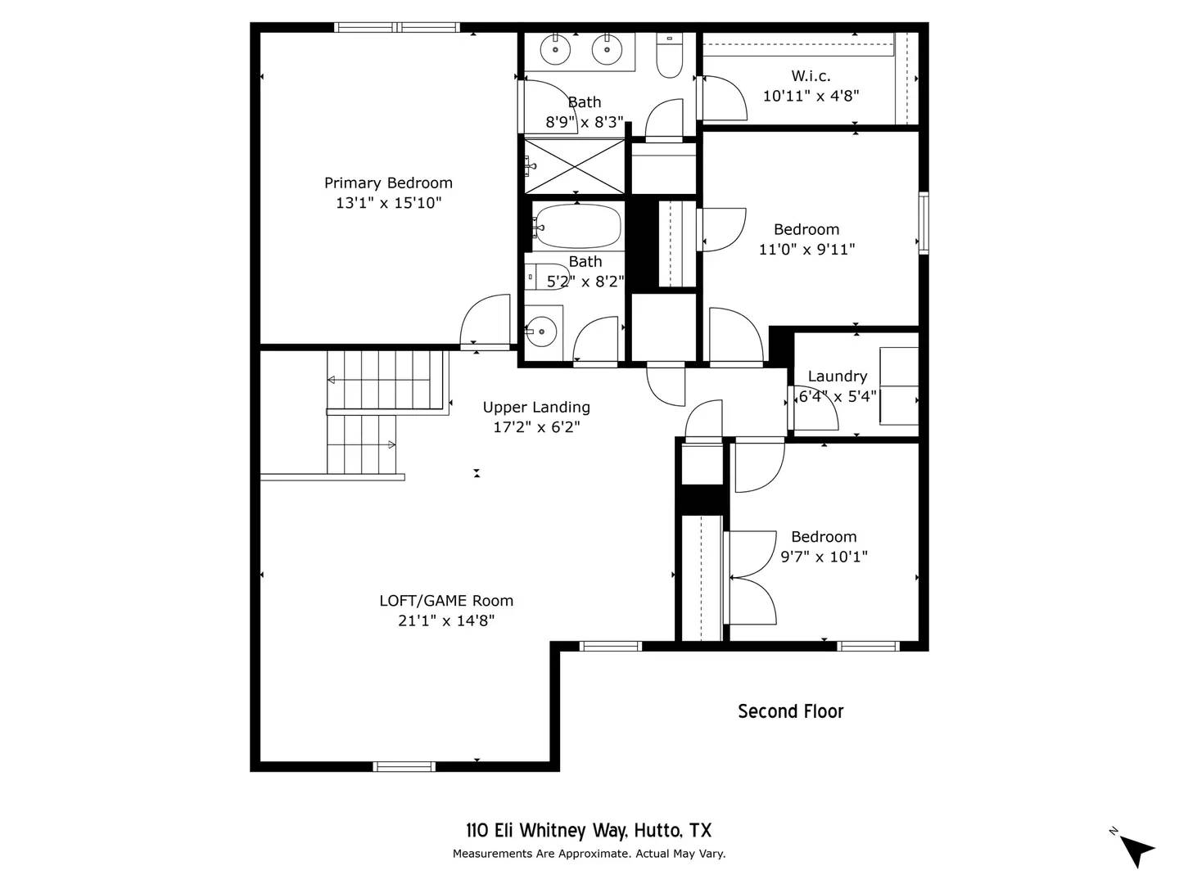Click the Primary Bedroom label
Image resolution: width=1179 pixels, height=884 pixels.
pyautogui.click(x=388, y=183)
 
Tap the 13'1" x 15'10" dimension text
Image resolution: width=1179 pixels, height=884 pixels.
pyautogui.click(x=388, y=203)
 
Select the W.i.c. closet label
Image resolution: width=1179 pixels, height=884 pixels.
pyautogui.click(x=811, y=76)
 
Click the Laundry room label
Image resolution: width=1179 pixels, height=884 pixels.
pyautogui.click(x=837, y=377)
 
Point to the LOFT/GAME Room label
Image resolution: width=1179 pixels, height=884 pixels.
pyautogui.click(x=446, y=601)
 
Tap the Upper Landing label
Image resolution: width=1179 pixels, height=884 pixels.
pyautogui.click(x=536, y=407)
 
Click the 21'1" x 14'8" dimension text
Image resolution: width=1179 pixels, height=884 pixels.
pyautogui.click(x=446, y=621)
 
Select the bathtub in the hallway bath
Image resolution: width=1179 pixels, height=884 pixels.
pyautogui.click(x=577, y=226)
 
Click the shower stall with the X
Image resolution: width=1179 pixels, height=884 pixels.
pyautogui.click(x=574, y=166)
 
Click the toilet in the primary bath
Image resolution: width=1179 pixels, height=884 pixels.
pyautogui.click(x=670, y=57)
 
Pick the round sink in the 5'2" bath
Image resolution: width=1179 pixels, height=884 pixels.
pyautogui.click(x=540, y=331)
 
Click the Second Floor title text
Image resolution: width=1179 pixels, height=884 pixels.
pyautogui.click(x=790, y=711)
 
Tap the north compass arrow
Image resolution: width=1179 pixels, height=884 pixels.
pyautogui.click(x=1136, y=849)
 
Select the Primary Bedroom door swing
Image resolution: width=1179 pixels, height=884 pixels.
pyautogui.click(x=486, y=322)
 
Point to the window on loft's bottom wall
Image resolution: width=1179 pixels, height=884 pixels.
pyautogui.click(x=404, y=766)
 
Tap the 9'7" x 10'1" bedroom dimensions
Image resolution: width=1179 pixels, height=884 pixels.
pyautogui.click(x=824, y=557)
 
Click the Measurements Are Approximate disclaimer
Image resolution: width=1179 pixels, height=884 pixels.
pyautogui.click(x=589, y=854)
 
